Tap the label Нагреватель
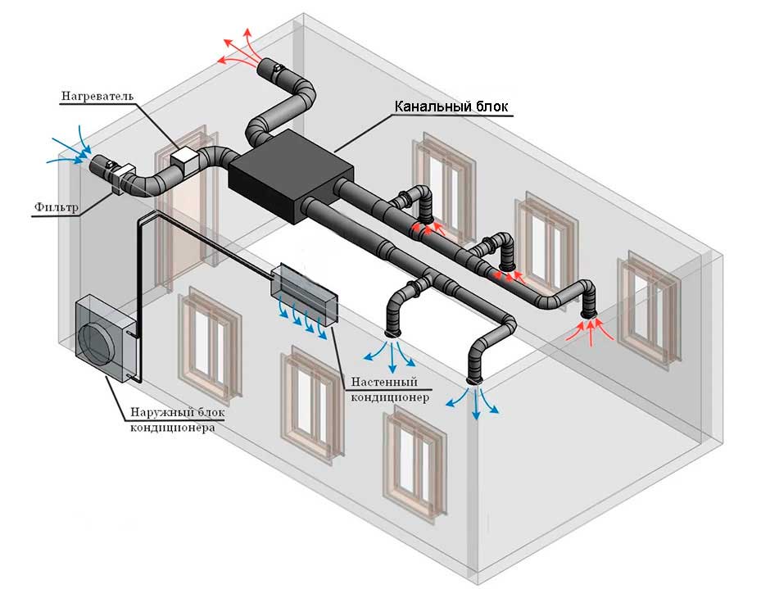pyautogui.click(x=97, y=97)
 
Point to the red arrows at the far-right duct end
pyautogui.click(x=588, y=329)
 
